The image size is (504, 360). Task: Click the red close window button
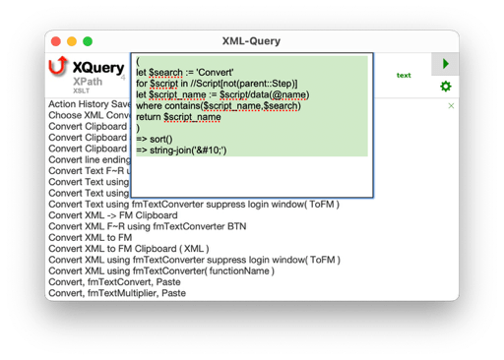55,42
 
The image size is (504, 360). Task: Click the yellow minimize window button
71,42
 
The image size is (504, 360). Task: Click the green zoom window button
87,42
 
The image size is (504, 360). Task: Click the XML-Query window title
251,41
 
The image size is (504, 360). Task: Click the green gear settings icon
445,87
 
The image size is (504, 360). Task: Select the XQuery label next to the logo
97,68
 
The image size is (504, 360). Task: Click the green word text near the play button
404,75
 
